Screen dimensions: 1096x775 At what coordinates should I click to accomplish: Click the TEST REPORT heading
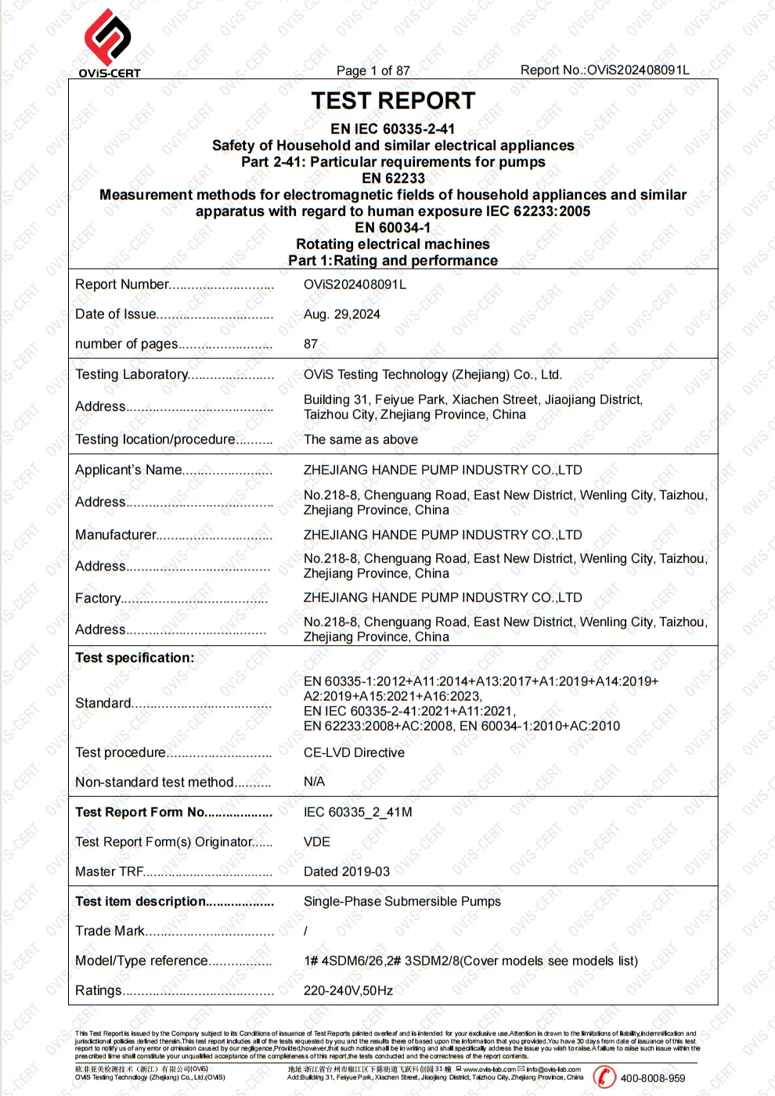[x=393, y=101]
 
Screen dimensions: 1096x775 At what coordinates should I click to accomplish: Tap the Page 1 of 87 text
[x=373, y=70]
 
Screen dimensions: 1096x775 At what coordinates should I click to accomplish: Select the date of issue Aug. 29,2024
[x=341, y=314]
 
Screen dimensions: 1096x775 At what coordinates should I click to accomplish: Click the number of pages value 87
[x=311, y=344]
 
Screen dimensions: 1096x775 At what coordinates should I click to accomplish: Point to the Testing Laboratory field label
[x=132, y=374]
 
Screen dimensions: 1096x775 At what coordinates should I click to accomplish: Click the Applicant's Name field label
[x=128, y=470]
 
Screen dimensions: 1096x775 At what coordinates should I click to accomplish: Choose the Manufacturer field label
[x=116, y=535]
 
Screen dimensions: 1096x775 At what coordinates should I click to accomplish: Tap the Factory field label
[x=98, y=598]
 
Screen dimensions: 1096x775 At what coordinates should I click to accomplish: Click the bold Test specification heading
[x=135, y=658]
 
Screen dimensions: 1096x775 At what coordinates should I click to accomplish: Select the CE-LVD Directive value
[x=354, y=752]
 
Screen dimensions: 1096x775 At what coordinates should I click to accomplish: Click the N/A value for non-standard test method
[x=314, y=781]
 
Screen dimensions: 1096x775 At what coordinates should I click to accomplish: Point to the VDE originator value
[x=317, y=842]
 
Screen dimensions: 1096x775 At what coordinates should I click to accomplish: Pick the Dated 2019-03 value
[x=346, y=871]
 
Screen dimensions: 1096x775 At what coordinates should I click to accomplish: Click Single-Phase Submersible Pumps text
[x=402, y=901]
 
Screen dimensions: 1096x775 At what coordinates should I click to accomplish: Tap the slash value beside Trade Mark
[x=305, y=931]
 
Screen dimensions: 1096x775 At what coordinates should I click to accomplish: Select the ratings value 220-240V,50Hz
[x=348, y=990]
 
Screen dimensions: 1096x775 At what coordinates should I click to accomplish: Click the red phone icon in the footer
[x=604, y=1077]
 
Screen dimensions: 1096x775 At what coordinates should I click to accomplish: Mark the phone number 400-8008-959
[x=652, y=1078]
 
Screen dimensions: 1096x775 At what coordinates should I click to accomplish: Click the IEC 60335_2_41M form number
[x=358, y=812]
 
